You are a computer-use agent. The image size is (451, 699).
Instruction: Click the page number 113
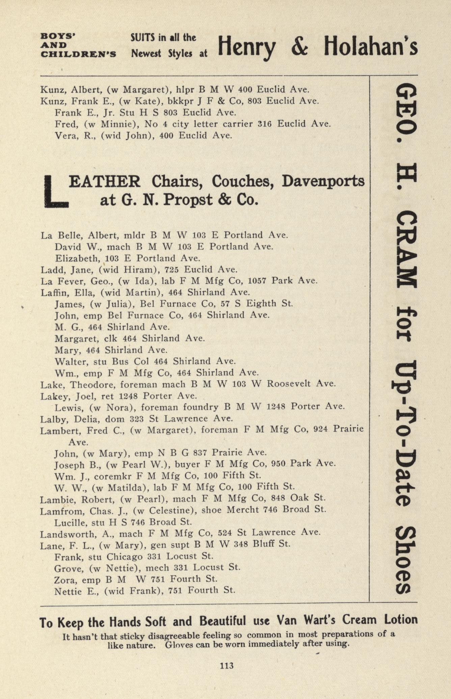click(x=227, y=666)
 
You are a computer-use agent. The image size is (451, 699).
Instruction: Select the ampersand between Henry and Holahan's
click(x=299, y=47)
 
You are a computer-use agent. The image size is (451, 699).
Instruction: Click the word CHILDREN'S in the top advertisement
click(x=78, y=54)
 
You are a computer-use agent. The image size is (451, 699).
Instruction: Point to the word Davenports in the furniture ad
click(x=323, y=181)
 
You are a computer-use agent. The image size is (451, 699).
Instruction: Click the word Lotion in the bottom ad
click(x=400, y=620)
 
